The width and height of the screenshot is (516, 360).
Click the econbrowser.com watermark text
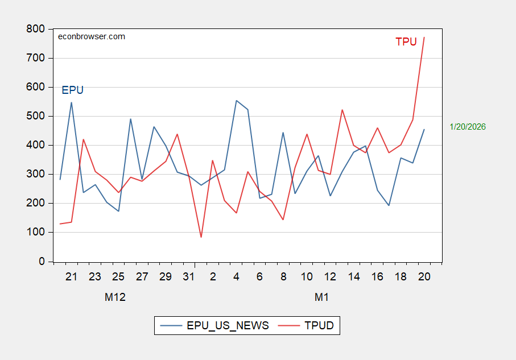(92, 36)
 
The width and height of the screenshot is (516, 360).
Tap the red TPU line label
(406, 42)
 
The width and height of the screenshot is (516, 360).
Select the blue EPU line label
(72, 90)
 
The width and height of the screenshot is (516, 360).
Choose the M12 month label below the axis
(115, 297)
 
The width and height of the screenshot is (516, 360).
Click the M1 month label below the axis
(322, 297)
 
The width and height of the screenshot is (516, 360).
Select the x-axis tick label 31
(189, 276)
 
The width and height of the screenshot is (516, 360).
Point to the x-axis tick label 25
(118, 276)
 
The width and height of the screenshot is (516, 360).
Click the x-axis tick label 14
(353, 276)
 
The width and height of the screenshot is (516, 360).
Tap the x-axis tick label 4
(236, 276)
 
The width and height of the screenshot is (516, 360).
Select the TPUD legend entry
(310, 326)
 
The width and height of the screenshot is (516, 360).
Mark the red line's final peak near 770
(424, 38)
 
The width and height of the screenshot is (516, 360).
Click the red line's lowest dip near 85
(201, 237)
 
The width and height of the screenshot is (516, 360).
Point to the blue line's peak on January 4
(236, 101)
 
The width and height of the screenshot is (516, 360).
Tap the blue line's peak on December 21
(71, 103)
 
